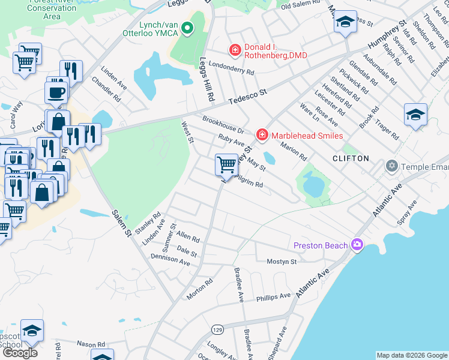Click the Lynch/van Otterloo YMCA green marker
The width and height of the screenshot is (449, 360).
187,28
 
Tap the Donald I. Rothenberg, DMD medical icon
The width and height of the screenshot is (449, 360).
235,50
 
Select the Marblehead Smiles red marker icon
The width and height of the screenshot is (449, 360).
262,136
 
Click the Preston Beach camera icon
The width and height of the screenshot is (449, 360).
357,244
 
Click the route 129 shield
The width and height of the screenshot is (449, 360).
217,330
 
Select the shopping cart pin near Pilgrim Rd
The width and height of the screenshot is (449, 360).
226,164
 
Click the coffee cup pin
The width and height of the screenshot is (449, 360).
56,92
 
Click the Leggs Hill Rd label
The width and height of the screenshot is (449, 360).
208,78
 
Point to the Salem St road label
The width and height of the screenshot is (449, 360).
120,224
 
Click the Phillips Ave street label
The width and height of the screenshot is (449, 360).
273,296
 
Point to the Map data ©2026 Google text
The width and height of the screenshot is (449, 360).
411,355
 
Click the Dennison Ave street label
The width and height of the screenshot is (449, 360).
170,259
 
